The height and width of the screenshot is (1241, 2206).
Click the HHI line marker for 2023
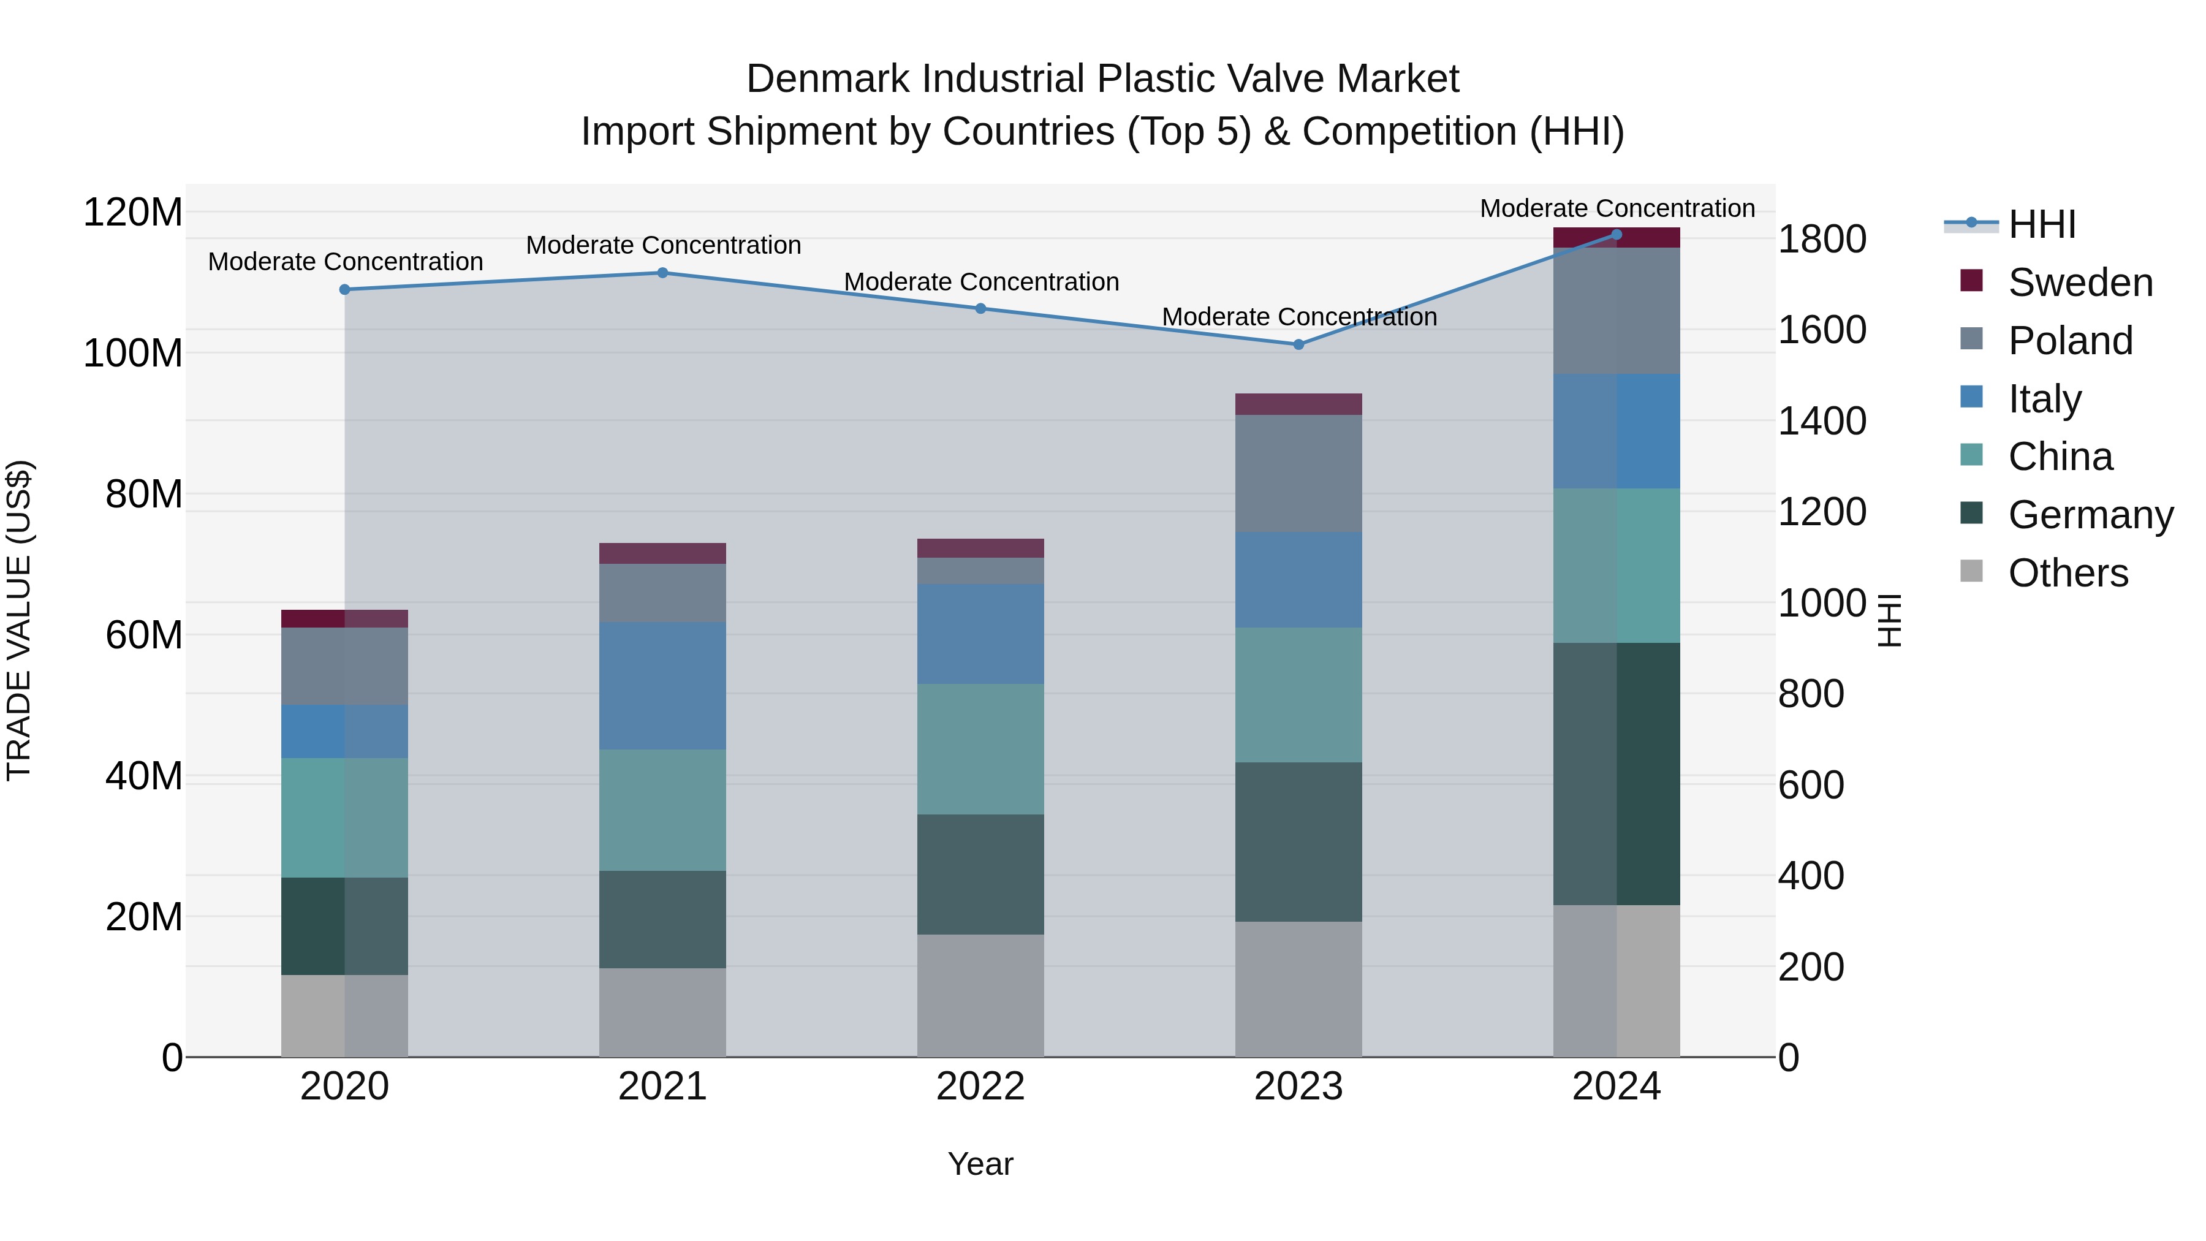[x=1298, y=344]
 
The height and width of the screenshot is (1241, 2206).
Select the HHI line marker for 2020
[x=345, y=289]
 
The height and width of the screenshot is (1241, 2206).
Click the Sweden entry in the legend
[x=2079, y=283]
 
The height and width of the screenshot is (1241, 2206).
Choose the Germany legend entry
[x=2090, y=515]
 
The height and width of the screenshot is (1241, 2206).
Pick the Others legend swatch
[x=1971, y=571]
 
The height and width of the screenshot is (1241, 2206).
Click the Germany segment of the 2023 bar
[x=1298, y=842]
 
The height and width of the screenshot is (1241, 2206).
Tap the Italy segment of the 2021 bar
[x=662, y=685]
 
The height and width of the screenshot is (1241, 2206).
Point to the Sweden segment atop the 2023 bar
[x=1298, y=404]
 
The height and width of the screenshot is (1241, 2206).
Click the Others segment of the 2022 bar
[x=980, y=995]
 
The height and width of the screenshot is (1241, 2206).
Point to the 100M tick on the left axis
[x=133, y=354]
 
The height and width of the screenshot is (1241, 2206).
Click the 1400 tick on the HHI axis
[x=1822, y=422]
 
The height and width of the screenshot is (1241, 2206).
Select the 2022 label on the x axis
[x=980, y=1087]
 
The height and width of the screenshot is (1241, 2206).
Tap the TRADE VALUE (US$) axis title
[x=19, y=620]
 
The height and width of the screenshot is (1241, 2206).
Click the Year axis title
[x=980, y=1164]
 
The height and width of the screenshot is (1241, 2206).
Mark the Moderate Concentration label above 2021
[x=663, y=245]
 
